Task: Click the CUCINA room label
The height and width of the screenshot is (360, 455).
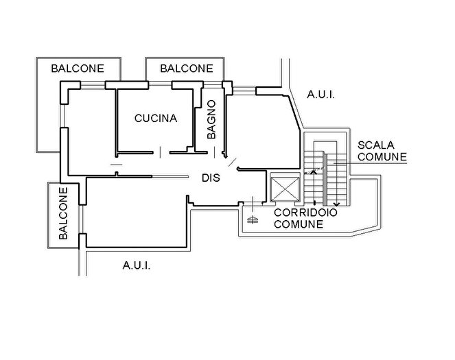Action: tap(155, 118)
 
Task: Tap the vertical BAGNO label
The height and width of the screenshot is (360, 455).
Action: tap(211, 120)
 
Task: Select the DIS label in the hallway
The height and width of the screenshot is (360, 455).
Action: tap(211, 178)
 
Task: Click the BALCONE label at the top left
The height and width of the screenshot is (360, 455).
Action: tap(78, 69)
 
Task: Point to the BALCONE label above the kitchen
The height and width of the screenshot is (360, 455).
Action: tap(186, 69)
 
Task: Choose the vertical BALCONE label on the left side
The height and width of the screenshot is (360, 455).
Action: tap(63, 213)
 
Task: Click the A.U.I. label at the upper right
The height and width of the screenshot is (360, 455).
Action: tap(320, 95)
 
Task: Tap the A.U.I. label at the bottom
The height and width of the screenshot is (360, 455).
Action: tap(135, 265)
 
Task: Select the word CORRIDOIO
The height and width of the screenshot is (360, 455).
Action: tap(305, 213)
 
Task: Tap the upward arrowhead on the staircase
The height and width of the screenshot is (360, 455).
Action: tap(314, 171)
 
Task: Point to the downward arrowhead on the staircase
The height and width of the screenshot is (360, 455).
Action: tap(336, 204)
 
